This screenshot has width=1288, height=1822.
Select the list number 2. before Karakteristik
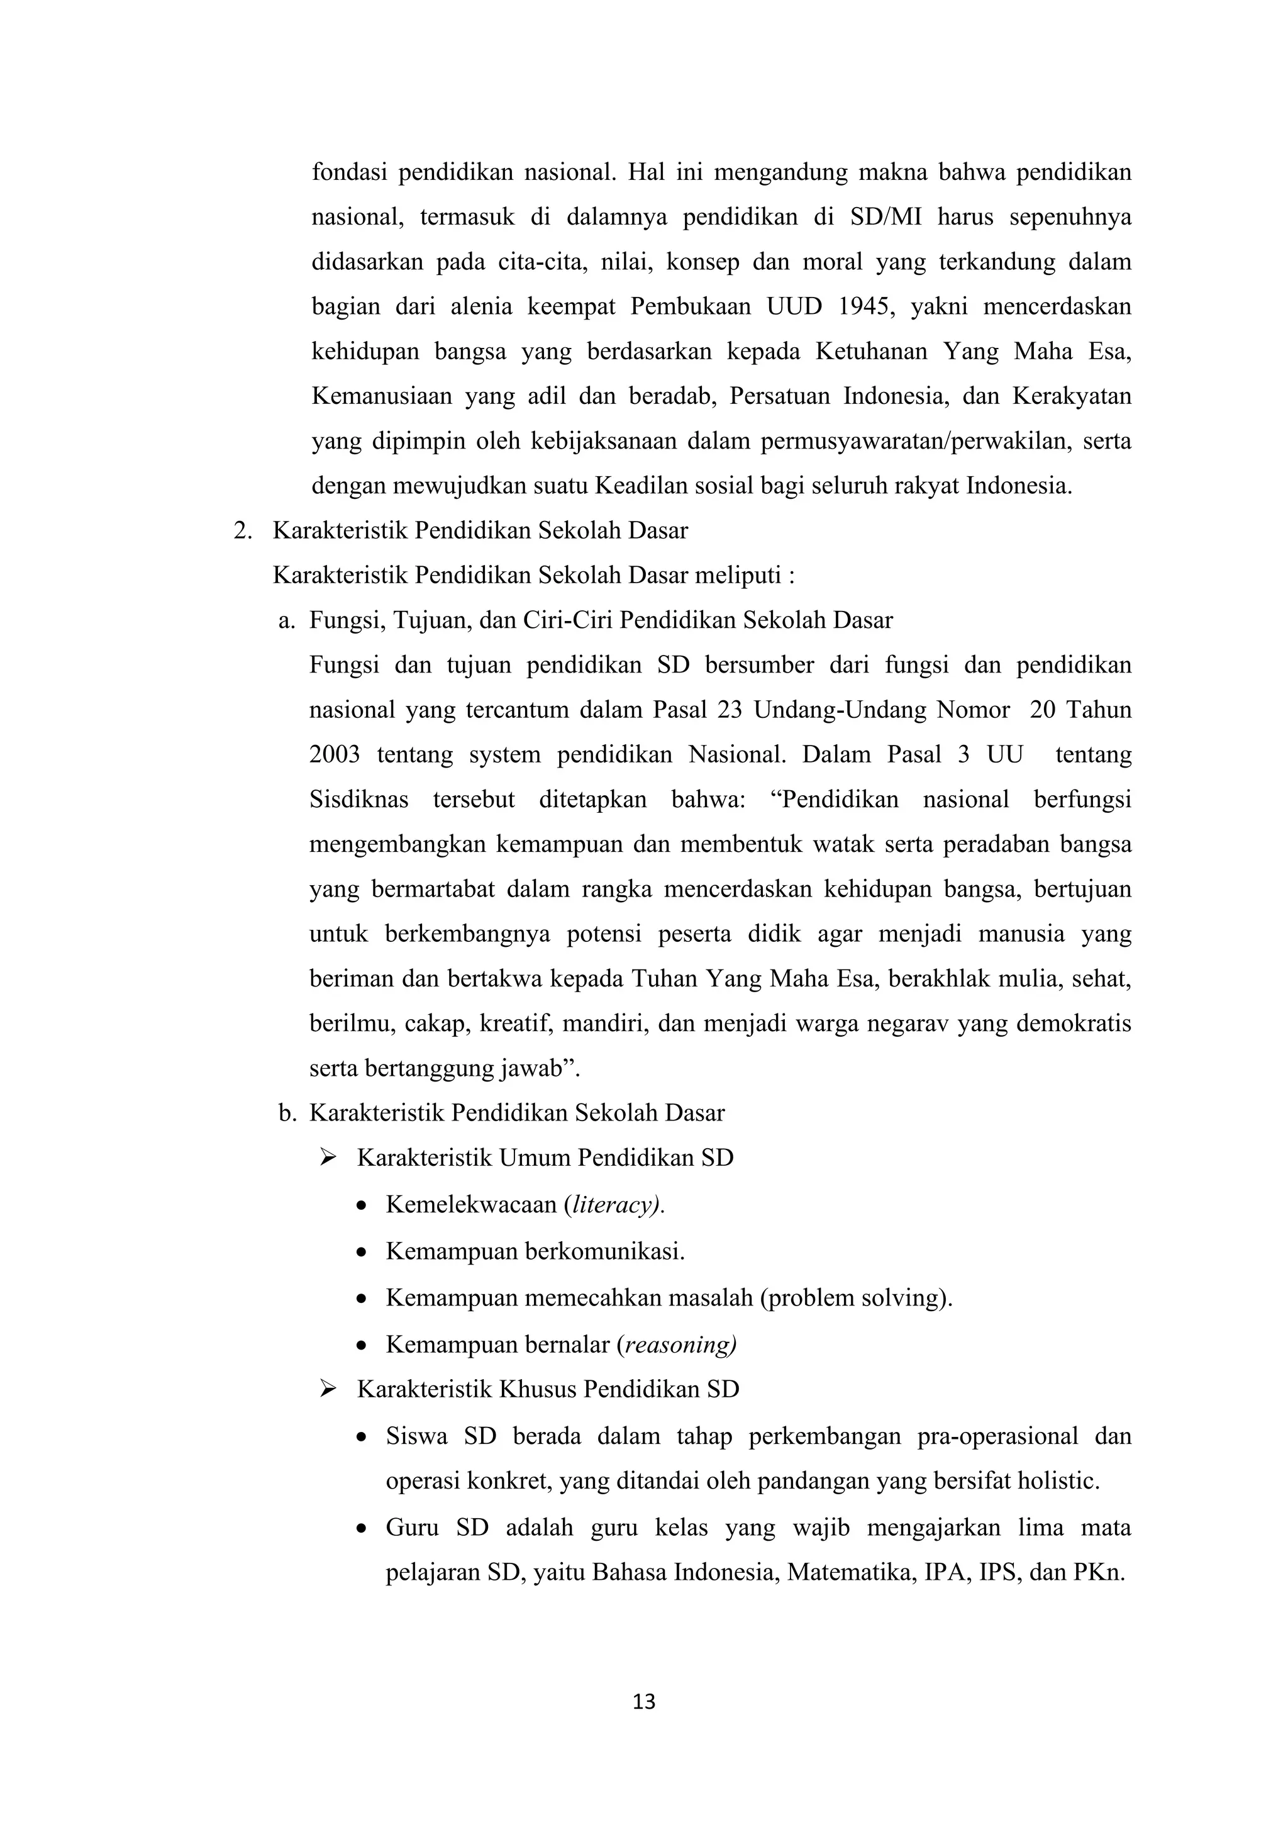[243, 531]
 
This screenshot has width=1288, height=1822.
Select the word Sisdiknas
[358, 799]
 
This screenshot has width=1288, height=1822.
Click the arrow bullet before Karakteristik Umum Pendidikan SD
[328, 1158]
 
